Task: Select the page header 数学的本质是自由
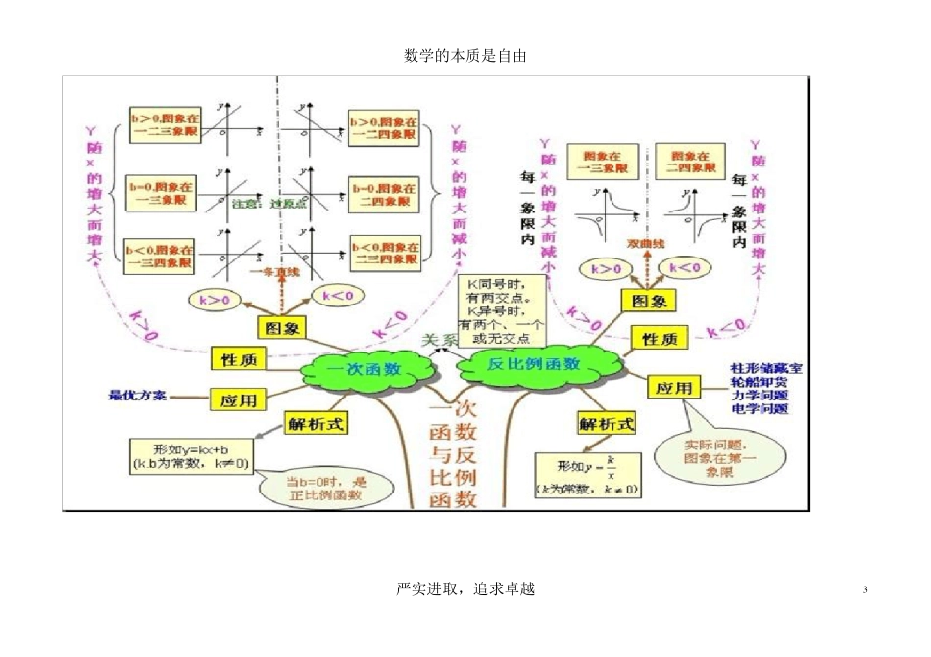pyautogui.click(x=465, y=56)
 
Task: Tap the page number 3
pyautogui.click(x=865, y=588)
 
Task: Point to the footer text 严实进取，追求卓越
pyautogui.click(x=465, y=588)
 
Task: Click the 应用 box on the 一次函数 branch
pyautogui.click(x=238, y=399)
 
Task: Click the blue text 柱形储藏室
pyautogui.click(x=765, y=369)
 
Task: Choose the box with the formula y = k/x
pyautogui.click(x=588, y=474)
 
